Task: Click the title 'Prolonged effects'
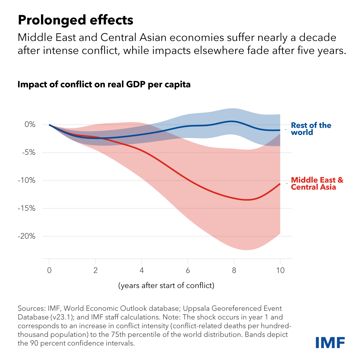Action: [x=75, y=20]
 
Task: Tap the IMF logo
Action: [x=330, y=342]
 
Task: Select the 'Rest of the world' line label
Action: [x=311, y=129]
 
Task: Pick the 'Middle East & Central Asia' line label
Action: [x=317, y=184]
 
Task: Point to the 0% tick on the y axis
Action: [x=30, y=124]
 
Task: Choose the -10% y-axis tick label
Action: [x=27, y=180]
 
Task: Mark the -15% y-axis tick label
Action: [x=27, y=208]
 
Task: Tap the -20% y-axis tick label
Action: [x=27, y=236]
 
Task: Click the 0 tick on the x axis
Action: [x=49, y=270]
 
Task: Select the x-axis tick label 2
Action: [x=96, y=270]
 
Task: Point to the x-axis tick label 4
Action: [x=142, y=270]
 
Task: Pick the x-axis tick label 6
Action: [x=188, y=270]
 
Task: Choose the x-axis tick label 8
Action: [x=234, y=270]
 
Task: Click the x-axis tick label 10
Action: [x=280, y=270]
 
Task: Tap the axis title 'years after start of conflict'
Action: [x=167, y=285]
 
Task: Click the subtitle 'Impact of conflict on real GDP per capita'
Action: [x=104, y=84]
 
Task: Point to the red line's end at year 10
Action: [x=280, y=184]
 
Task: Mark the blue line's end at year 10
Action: [x=280, y=130]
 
